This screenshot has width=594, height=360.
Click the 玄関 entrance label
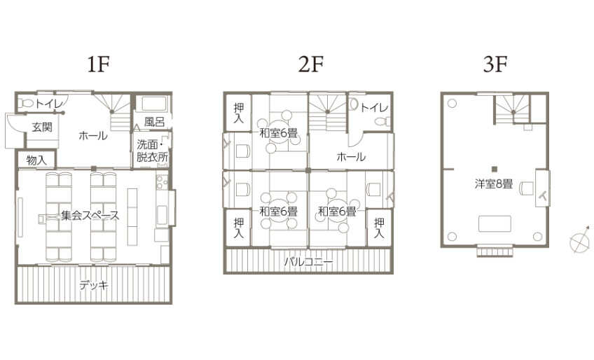pos(41,127)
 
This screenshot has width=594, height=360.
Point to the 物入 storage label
pos(36,160)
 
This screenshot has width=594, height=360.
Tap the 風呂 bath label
pos(155,122)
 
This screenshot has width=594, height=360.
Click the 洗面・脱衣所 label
pos(152,151)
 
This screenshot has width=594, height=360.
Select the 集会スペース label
pos(90,216)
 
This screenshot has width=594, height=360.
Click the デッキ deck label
pos(94,285)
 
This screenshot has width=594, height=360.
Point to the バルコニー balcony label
pos(308,261)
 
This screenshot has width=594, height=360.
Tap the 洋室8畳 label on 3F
pos(494,184)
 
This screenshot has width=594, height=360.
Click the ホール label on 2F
pos(351,156)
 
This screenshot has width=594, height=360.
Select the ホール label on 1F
pos(93,135)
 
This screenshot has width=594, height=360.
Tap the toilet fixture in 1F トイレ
pos(27,103)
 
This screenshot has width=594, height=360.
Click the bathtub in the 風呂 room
pos(151,104)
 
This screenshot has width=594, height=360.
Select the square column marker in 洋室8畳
pos(494,169)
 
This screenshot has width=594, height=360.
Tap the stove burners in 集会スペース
pos(162,181)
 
